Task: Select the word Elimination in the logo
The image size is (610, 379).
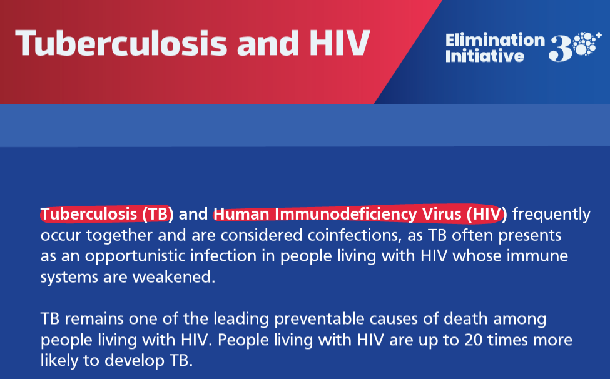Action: [495, 41]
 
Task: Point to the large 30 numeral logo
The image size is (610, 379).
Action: [570, 48]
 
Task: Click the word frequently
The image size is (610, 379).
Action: [551, 215]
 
